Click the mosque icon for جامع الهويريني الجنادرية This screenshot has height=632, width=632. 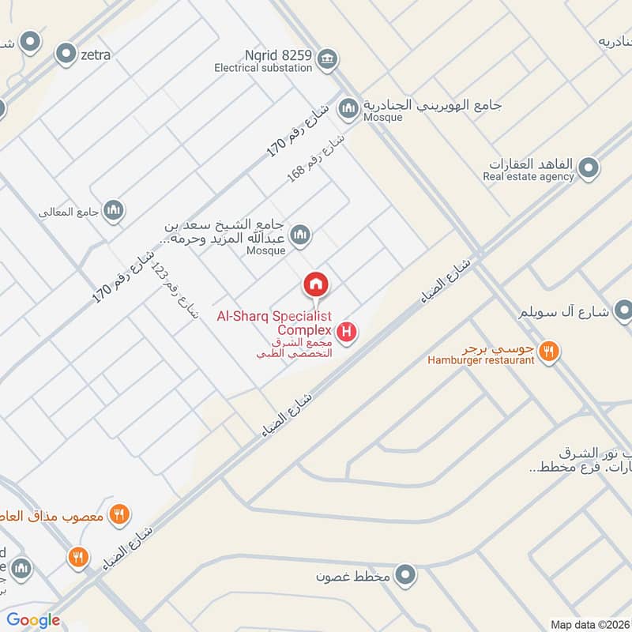[348, 106]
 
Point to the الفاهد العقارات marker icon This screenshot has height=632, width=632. [588, 167]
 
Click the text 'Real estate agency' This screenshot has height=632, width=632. [529, 177]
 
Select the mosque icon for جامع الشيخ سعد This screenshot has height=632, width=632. [299, 235]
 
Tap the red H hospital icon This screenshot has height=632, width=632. [346, 333]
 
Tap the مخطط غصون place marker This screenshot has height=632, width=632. [405, 574]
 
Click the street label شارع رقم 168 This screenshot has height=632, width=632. [316, 159]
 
